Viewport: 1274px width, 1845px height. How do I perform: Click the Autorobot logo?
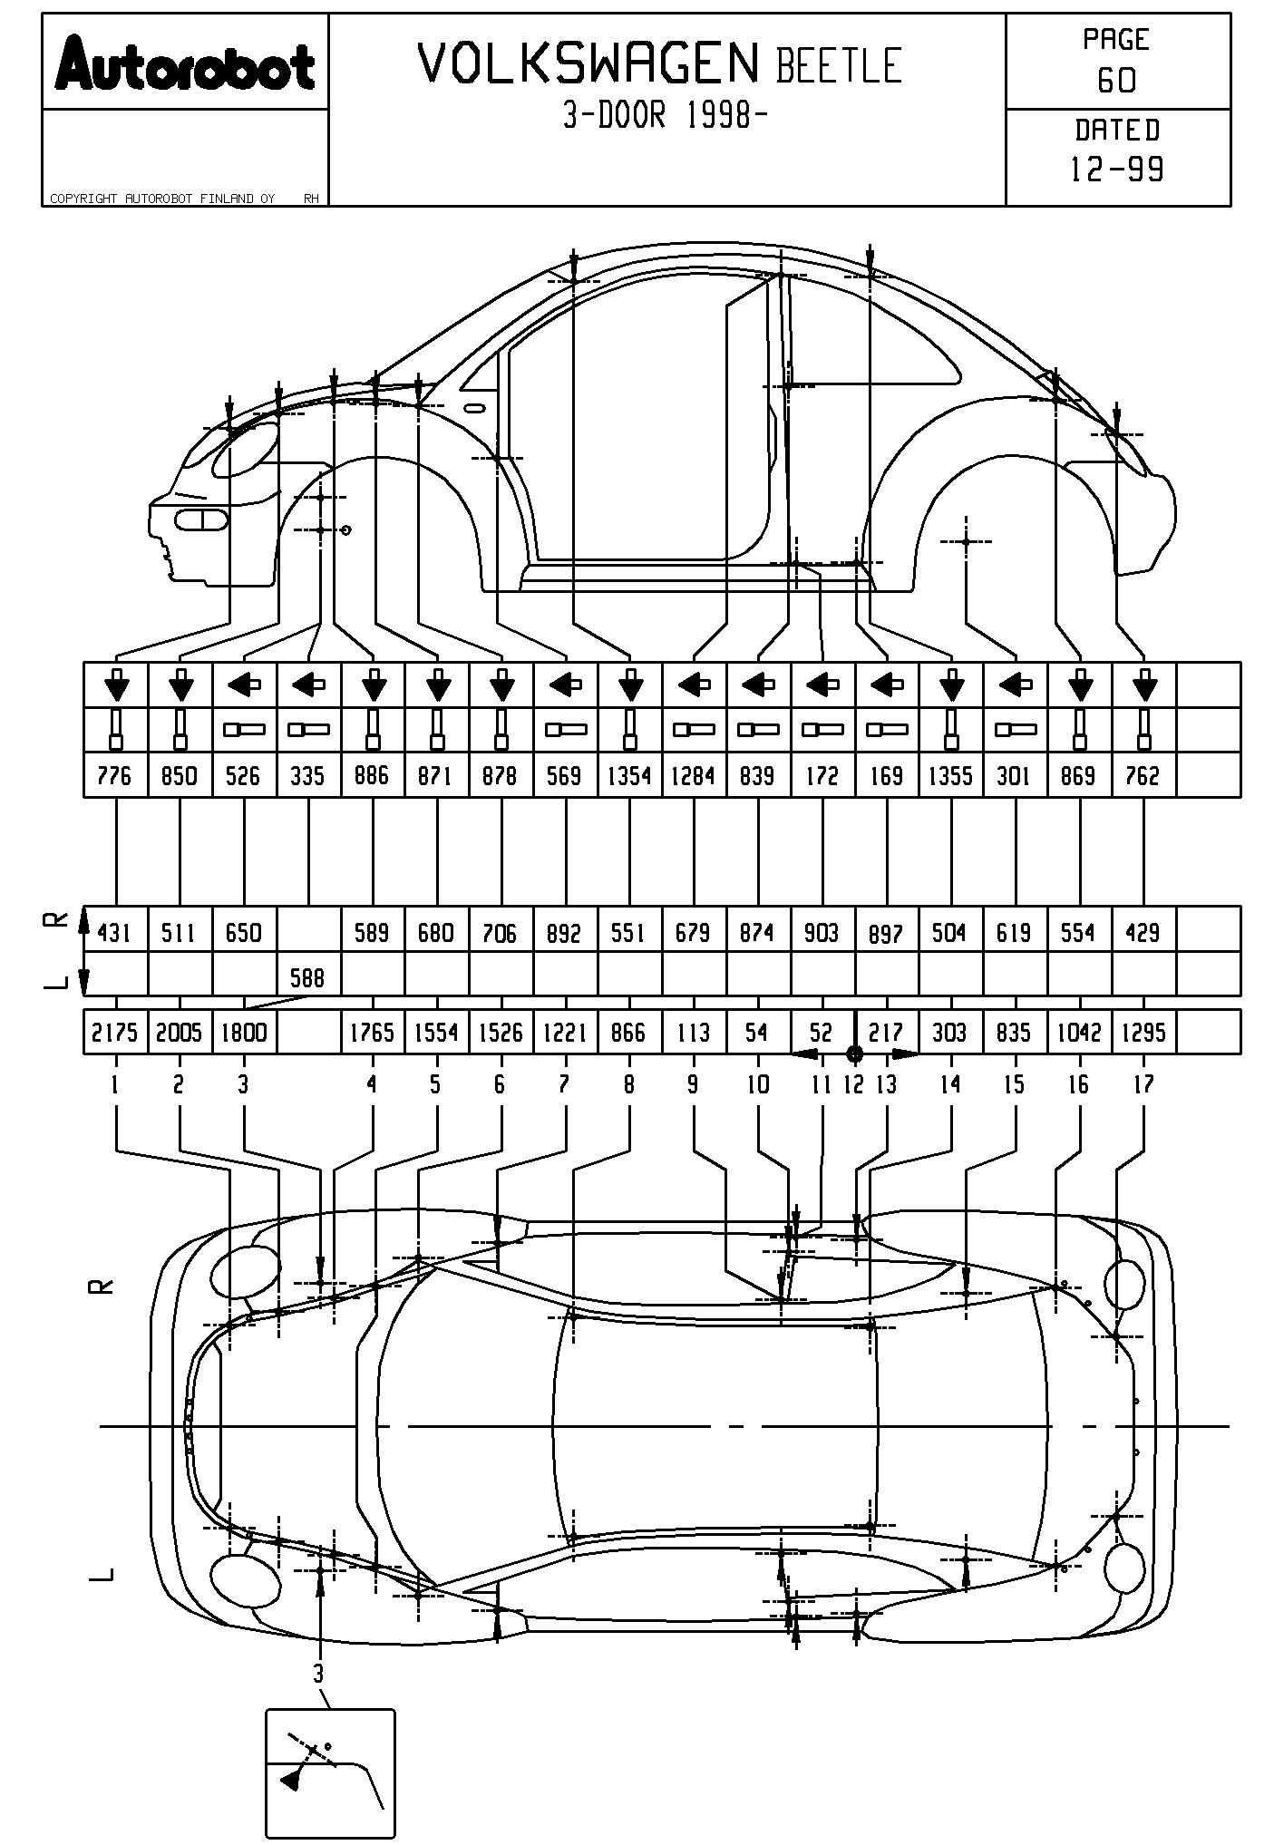(185, 63)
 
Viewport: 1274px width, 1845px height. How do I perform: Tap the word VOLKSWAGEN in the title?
(588, 64)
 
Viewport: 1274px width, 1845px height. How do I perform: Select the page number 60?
(1116, 82)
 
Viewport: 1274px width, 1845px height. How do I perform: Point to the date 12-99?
(1117, 170)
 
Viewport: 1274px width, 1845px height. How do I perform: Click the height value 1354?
(629, 776)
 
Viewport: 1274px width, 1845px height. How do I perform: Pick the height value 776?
(114, 776)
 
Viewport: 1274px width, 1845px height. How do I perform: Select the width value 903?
(822, 933)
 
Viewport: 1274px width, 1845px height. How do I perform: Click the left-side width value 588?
(307, 978)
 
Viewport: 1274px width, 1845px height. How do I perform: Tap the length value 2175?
(115, 1033)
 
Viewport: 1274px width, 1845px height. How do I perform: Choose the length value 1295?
(1143, 1033)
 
